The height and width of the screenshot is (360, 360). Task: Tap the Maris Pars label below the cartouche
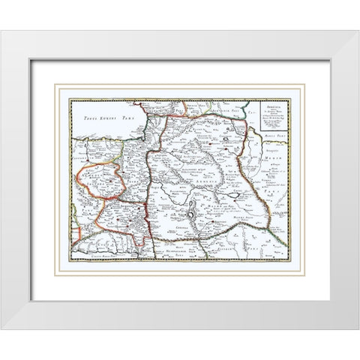[270, 133]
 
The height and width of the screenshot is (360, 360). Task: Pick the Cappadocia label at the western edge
[83, 159]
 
